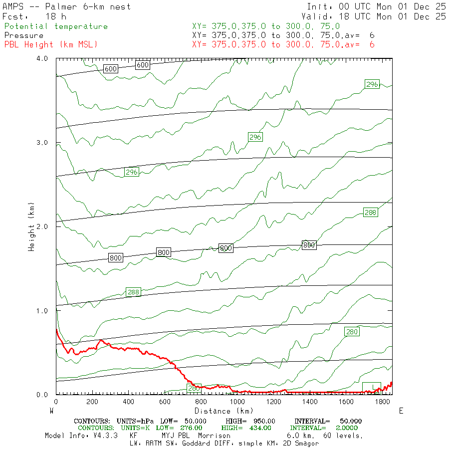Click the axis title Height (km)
point(31,226)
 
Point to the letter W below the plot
point(52,411)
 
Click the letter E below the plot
point(401,411)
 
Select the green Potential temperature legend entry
point(56,26)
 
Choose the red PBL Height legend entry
point(51,44)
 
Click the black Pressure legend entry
point(24,35)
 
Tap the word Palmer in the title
point(62,7)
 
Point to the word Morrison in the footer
point(211,436)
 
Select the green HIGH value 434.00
point(258,428)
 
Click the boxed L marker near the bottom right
point(372,387)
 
